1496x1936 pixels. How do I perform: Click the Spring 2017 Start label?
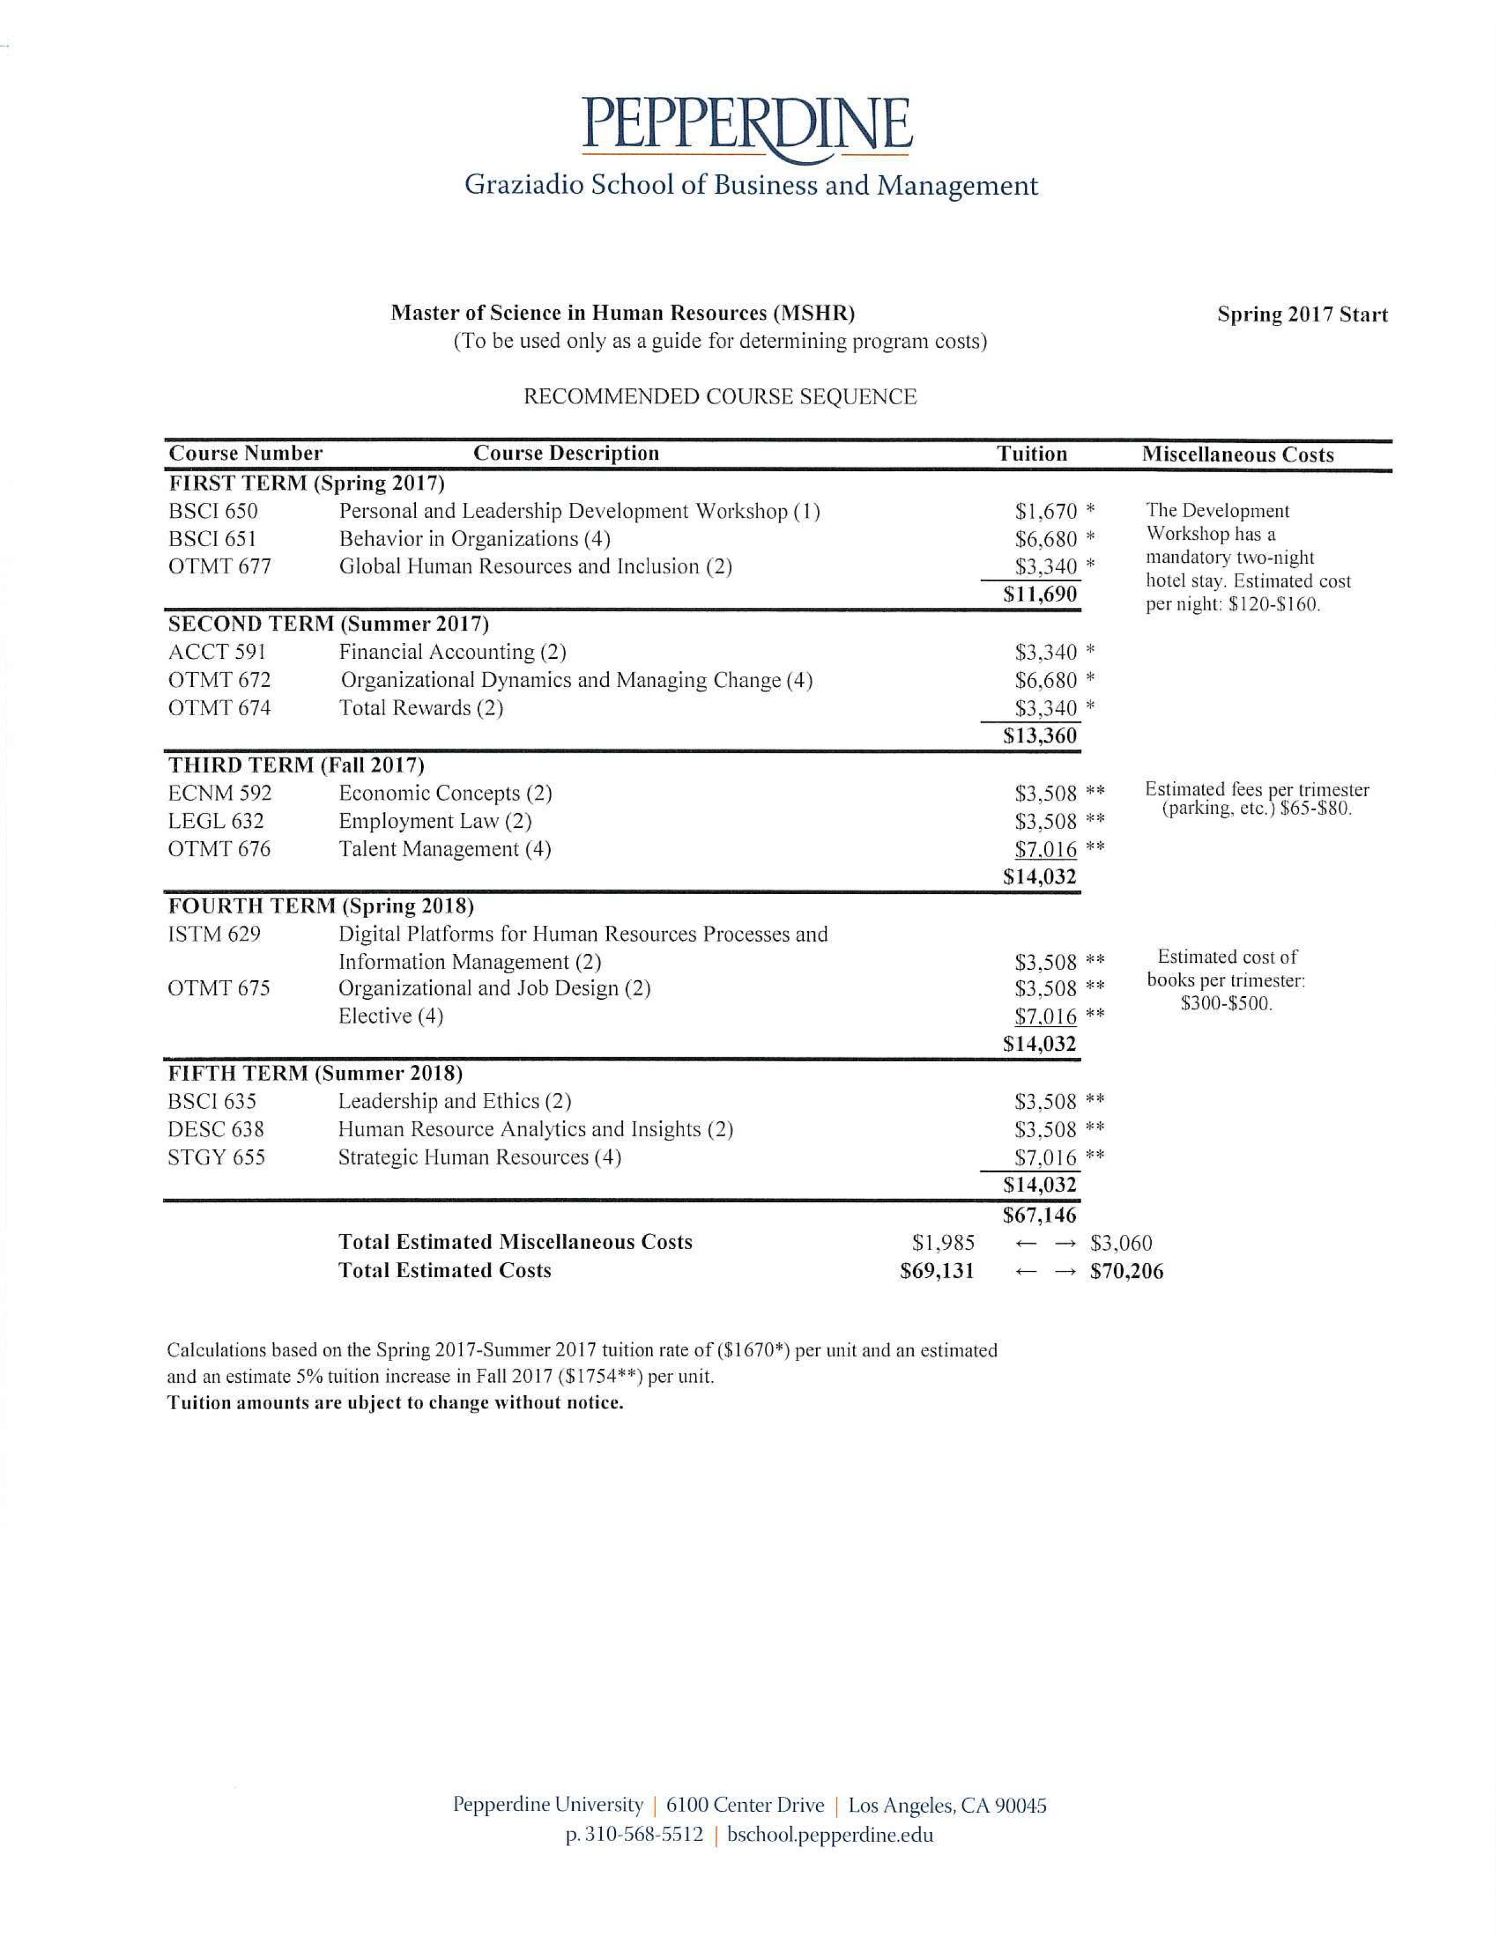[x=1301, y=314]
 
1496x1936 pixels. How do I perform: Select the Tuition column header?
[x=1031, y=454]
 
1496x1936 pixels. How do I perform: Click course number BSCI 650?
[x=213, y=512]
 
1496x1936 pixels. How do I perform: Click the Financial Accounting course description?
[x=452, y=652]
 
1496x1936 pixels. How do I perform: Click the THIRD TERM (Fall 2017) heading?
[x=296, y=765]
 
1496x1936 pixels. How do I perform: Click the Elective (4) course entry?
[x=390, y=1016]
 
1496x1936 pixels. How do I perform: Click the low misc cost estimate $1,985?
[x=943, y=1243]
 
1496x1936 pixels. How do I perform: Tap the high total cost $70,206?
[x=1126, y=1271]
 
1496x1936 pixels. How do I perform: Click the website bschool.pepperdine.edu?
[x=830, y=1834]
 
